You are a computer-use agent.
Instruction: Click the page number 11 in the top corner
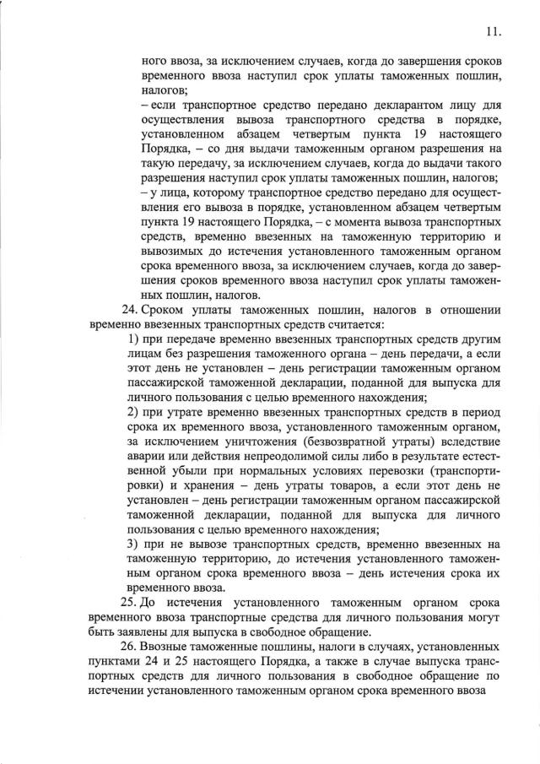[x=494, y=32]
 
